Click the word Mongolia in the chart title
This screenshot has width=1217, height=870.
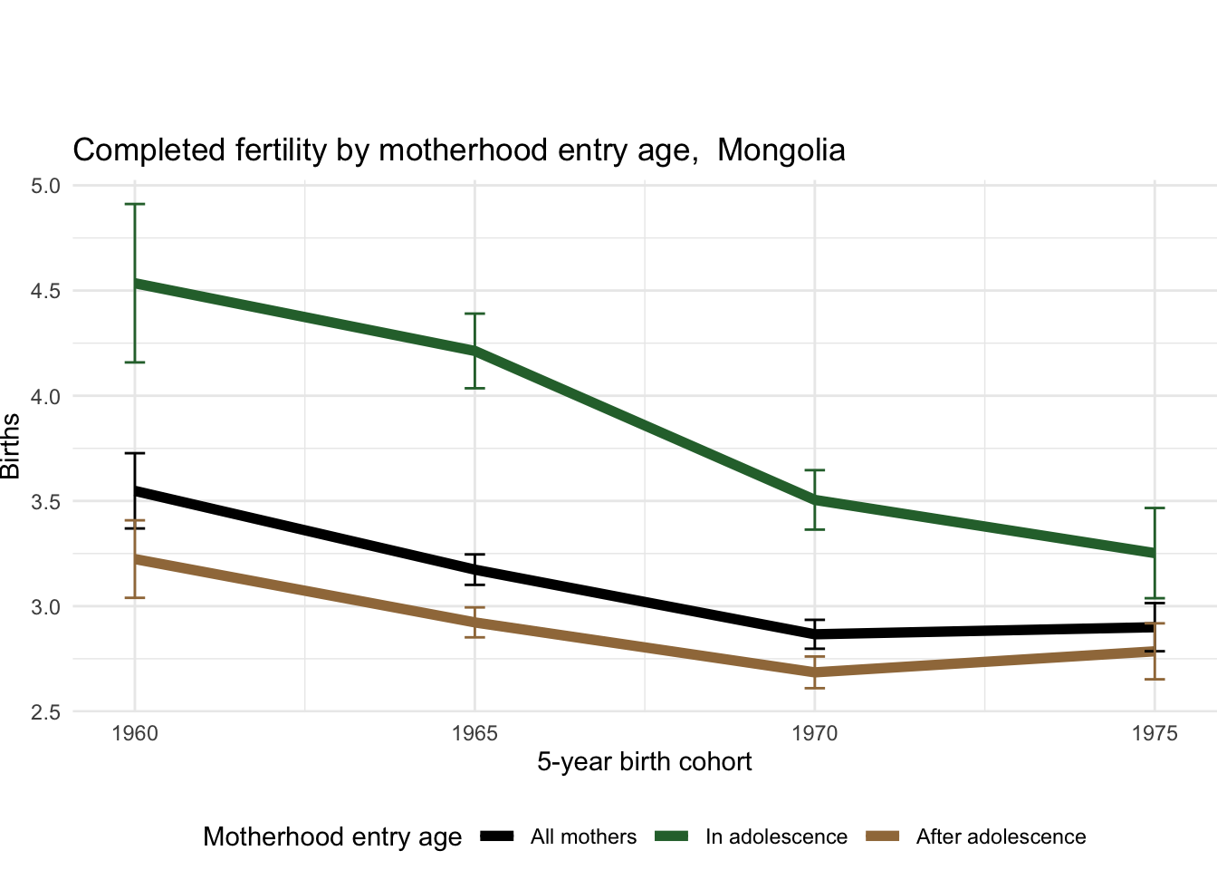pos(781,150)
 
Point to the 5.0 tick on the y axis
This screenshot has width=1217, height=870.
pos(45,186)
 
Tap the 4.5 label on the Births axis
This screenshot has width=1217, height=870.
pos(45,291)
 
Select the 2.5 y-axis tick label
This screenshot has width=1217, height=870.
pos(45,712)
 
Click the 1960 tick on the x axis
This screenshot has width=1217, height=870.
pos(135,733)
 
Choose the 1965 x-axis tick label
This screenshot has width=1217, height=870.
pos(474,733)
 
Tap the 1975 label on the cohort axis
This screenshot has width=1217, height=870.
pos(1155,733)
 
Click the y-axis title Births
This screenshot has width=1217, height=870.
pos(11,446)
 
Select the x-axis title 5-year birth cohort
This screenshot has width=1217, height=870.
pos(644,762)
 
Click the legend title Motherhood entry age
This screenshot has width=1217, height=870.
pos(332,837)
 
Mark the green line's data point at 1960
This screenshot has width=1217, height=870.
pos(135,283)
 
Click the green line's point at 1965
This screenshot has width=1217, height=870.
pos(474,351)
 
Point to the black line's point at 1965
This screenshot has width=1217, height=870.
pos(474,570)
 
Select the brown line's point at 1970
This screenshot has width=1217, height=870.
pos(815,672)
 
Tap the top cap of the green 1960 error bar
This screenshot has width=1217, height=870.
pos(135,205)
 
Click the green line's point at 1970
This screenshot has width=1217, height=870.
pos(815,499)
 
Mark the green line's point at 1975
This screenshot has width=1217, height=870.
pos(1155,553)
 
